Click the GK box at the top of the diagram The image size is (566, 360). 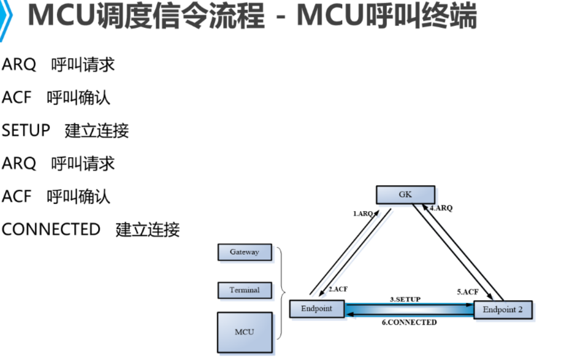405,195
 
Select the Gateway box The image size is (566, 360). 245,252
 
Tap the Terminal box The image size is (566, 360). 245,290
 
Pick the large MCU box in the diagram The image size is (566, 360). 245,332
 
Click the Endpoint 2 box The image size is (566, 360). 503,310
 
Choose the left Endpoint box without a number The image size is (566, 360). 317,309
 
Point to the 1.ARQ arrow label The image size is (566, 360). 363,213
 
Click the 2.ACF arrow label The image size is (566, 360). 338,289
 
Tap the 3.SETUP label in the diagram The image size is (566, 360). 405,299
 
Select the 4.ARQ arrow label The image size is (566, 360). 441,208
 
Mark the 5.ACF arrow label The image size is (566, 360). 467,292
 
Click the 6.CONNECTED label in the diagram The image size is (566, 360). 409,322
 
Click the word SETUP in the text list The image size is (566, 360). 26,131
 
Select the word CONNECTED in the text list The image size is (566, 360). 51,229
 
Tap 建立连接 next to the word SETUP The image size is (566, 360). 97,131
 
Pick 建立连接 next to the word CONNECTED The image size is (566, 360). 148,230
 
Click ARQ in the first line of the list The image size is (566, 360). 19,65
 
